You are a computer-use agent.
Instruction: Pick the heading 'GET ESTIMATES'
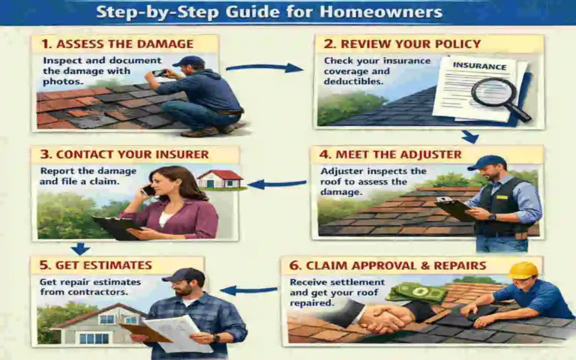click(95, 265)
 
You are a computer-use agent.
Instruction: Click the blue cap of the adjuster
click(486, 163)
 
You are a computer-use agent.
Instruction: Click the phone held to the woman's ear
click(148, 190)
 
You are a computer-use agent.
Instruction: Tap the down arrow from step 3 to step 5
click(79, 248)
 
